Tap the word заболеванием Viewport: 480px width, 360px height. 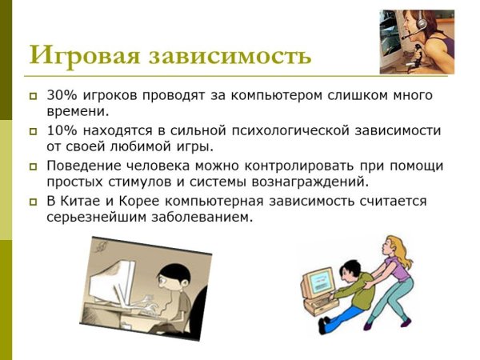tap(205, 217)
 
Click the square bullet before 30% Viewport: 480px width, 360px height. tap(33, 96)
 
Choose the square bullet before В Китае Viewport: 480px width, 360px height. tap(33, 201)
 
